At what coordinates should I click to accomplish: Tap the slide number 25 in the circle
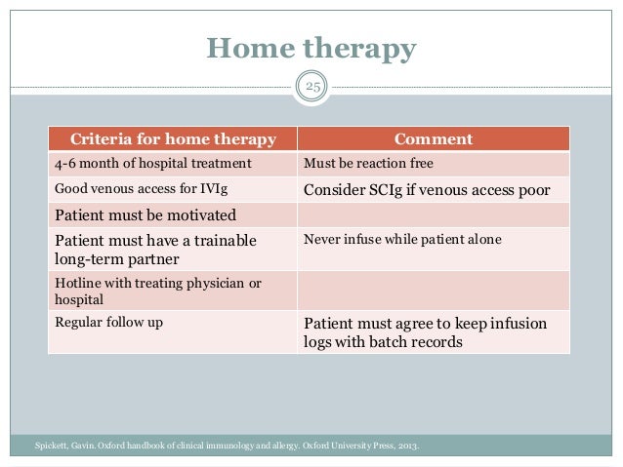(x=312, y=90)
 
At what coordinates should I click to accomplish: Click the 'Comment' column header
(x=433, y=139)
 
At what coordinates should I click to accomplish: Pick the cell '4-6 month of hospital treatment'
(x=140, y=163)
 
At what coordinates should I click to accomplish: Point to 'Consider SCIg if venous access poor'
(x=427, y=189)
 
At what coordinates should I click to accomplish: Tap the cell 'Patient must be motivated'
(x=145, y=214)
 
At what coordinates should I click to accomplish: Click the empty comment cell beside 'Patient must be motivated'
(x=433, y=214)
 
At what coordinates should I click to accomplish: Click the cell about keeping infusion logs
(x=425, y=332)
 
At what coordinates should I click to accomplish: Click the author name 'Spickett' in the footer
(x=53, y=448)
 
